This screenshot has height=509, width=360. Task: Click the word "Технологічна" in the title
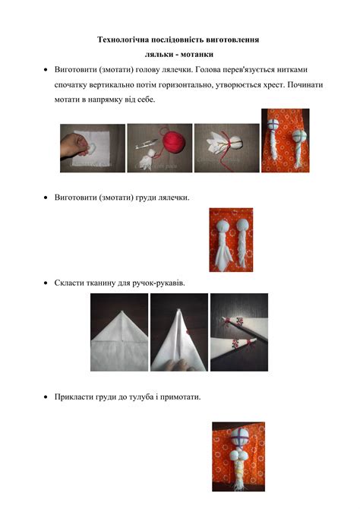124,39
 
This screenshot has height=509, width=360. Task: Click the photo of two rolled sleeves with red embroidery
239,332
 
